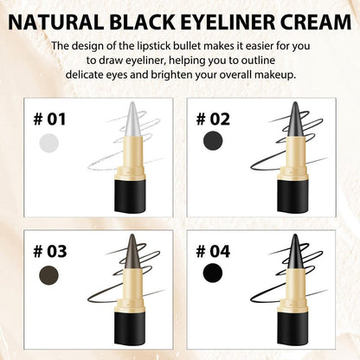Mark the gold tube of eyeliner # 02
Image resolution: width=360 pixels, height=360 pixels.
(x=294, y=159)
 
